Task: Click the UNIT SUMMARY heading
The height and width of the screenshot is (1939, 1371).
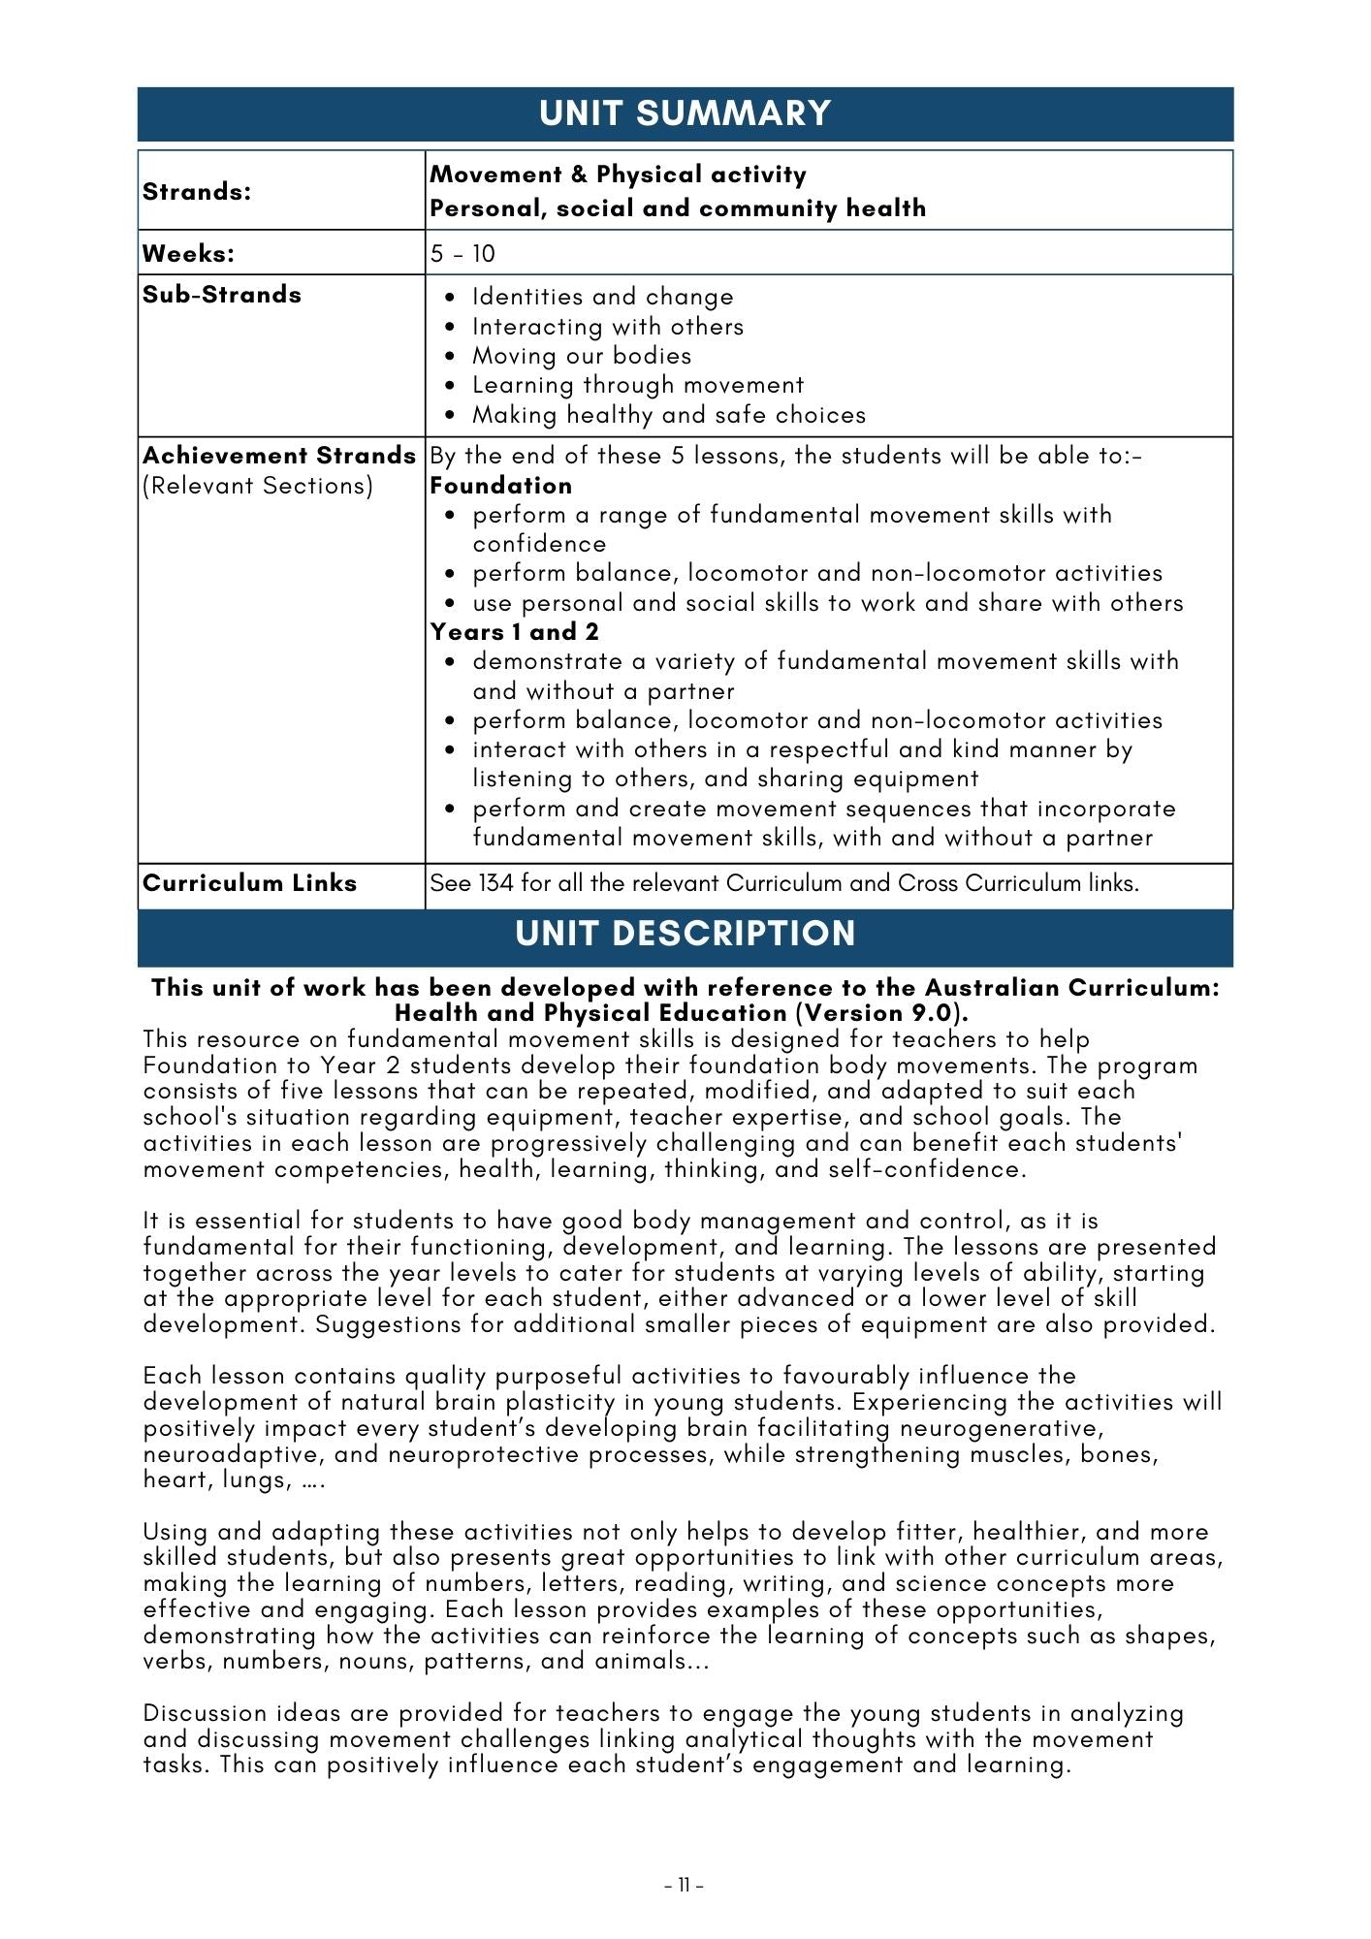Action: (685, 113)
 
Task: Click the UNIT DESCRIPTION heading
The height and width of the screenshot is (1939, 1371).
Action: (685, 934)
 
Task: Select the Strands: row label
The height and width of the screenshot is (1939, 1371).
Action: (197, 191)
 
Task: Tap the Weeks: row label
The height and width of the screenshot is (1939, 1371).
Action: (189, 253)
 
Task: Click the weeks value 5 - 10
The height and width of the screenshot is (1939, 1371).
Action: (462, 254)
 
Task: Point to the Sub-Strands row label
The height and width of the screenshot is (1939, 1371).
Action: (222, 295)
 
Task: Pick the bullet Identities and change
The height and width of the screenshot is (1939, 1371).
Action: (602, 297)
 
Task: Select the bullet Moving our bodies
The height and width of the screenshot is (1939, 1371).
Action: (582, 356)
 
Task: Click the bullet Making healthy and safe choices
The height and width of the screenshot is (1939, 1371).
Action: (669, 415)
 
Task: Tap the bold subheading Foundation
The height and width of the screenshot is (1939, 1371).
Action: (500, 485)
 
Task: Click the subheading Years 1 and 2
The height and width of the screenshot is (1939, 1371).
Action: (515, 632)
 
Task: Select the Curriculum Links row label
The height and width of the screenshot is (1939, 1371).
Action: (249, 883)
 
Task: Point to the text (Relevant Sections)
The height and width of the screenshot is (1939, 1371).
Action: (258, 486)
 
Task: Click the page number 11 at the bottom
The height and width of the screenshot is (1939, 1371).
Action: (685, 1886)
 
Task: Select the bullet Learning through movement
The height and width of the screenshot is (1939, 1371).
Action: (638, 385)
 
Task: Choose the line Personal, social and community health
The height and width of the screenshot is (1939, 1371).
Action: (678, 208)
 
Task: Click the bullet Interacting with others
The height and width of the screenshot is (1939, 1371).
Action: (608, 327)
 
